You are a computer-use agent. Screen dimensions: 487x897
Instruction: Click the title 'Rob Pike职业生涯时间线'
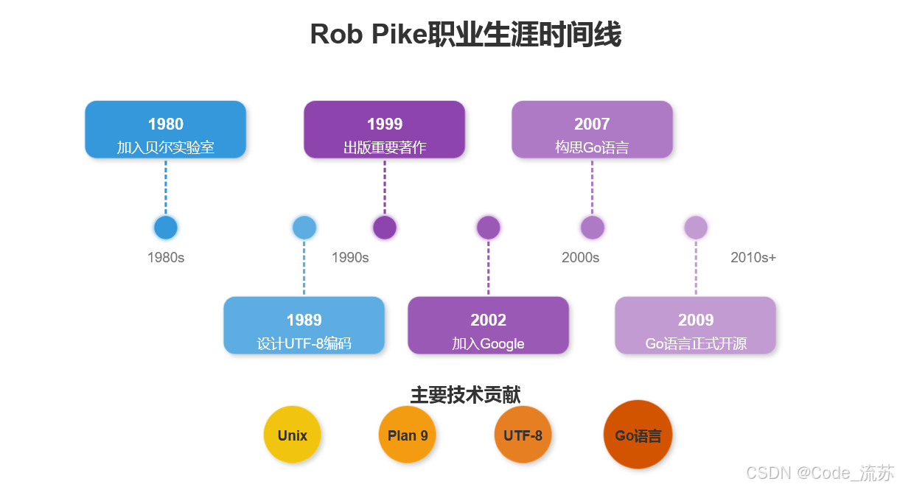tap(465, 35)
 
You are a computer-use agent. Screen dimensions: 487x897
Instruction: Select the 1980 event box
tap(165, 130)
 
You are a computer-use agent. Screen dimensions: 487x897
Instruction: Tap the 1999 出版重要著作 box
tap(384, 130)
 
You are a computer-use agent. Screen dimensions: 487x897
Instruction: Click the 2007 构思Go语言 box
tap(592, 130)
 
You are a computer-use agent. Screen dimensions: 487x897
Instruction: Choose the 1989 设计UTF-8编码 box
tap(304, 326)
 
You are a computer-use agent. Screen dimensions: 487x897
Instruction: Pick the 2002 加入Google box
tap(488, 326)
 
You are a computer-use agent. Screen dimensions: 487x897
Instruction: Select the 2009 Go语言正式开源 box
tap(695, 326)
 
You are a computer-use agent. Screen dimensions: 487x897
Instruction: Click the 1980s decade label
tap(166, 258)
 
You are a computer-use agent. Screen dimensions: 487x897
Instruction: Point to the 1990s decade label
tap(350, 258)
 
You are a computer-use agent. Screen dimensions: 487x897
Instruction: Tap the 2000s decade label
tap(580, 258)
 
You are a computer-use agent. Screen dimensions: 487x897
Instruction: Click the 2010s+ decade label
tap(753, 258)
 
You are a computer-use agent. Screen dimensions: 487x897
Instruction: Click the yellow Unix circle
tap(293, 435)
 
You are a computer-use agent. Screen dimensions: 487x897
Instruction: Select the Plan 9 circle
tap(408, 435)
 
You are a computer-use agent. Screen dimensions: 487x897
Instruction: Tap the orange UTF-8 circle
tap(523, 435)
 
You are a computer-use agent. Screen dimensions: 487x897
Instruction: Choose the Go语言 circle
tap(638, 435)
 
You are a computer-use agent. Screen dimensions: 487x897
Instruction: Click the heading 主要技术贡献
tap(465, 395)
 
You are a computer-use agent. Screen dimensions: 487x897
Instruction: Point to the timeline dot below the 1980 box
tap(166, 228)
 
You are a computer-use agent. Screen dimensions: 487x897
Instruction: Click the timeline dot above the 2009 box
tap(696, 228)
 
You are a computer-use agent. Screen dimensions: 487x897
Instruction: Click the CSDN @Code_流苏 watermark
tap(820, 472)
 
